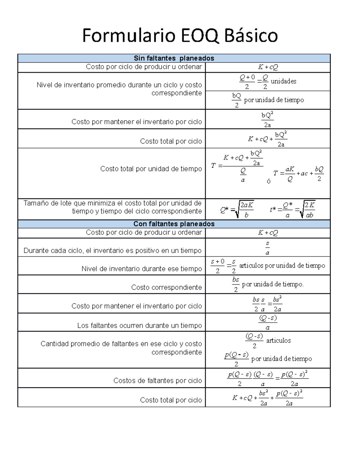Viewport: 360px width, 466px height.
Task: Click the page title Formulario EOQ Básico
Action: point(180,35)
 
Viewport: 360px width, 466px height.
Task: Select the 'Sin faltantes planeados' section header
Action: point(174,58)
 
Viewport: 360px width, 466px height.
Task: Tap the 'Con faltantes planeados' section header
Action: point(174,224)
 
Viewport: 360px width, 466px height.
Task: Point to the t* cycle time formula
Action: point(292,209)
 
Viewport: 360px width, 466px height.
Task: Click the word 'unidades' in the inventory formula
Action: point(283,81)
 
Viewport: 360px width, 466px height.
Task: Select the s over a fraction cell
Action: point(267,248)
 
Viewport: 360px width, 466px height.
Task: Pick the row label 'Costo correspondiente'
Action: point(166,287)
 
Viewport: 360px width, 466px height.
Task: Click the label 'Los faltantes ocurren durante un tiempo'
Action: point(139,325)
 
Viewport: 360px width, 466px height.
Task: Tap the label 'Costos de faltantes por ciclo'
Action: point(157,380)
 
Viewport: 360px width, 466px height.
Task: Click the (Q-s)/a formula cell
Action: point(268,322)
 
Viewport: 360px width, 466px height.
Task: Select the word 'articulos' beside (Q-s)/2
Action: point(278,341)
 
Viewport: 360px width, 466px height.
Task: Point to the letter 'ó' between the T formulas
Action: point(268,182)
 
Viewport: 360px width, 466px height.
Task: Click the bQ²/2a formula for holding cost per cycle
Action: point(267,119)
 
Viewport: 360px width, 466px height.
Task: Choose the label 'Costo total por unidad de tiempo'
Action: point(151,169)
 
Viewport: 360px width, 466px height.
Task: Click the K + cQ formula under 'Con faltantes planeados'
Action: point(268,233)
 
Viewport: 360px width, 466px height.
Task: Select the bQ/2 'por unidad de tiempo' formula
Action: point(268,100)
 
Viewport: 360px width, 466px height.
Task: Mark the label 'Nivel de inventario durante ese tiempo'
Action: point(142,269)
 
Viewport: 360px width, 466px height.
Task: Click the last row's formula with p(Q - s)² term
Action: point(268,398)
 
